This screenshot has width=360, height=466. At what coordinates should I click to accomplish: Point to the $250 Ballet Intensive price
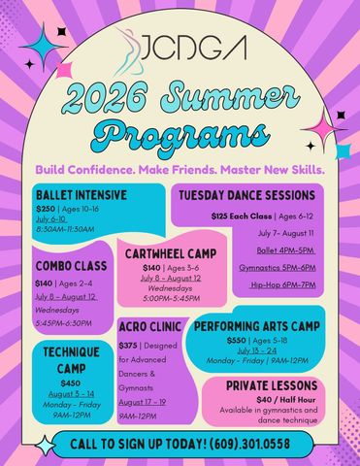(47, 209)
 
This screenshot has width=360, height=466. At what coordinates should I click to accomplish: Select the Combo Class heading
(72, 265)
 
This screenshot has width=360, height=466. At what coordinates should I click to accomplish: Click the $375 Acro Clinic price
(128, 345)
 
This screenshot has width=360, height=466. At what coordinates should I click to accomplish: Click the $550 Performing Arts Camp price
(236, 341)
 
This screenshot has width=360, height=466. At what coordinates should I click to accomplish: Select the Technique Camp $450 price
(71, 383)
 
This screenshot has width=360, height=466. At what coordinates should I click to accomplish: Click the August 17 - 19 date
(142, 401)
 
